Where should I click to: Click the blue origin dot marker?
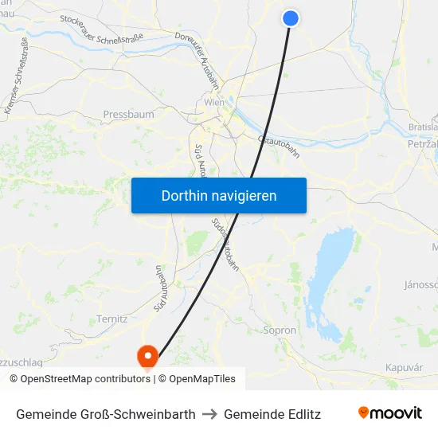291,18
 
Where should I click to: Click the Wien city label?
214,103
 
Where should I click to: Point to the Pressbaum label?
128,115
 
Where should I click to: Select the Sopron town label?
280,330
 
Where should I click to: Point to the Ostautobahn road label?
279,146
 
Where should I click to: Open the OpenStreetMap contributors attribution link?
85,379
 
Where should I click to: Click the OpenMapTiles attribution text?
202,379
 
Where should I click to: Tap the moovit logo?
389,413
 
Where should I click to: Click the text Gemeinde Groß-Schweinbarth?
106,414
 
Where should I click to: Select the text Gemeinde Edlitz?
272,414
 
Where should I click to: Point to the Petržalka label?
422,145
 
